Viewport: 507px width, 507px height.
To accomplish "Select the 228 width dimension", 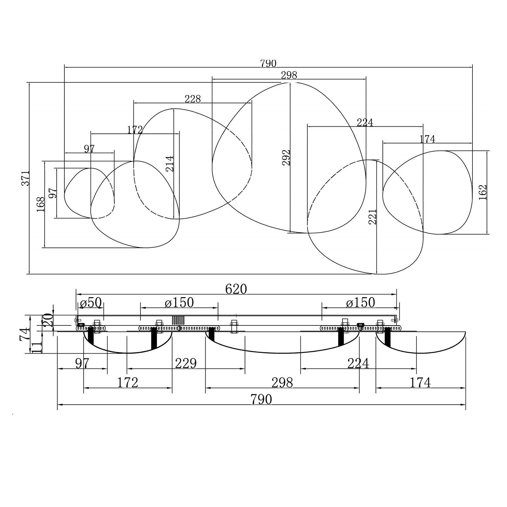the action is pyautogui.click(x=193, y=99).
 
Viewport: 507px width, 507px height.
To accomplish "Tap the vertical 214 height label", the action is pyautogui.click(x=170, y=164).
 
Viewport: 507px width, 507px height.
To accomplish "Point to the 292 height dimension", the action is pyautogui.click(x=286, y=157).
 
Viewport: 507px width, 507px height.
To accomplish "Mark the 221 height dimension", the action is pyautogui.click(x=372, y=217).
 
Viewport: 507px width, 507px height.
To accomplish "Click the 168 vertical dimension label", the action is pyautogui.click(x=41, y=204).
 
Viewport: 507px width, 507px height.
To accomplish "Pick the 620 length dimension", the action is pyautogui.click(x=236, y=289).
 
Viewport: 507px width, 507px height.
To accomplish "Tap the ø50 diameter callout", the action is pyautogui.click(x=91, y=303).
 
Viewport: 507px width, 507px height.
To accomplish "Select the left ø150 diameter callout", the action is pyautogui.click(x=179, y=303).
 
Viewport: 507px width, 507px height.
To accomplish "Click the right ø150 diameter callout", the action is pyautogui.click(x=361, y=303).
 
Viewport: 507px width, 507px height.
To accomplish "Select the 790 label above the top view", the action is pyautogui.click(x=268, y=64).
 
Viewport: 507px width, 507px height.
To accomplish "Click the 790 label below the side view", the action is pyautogui.click(x=261, y=400).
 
